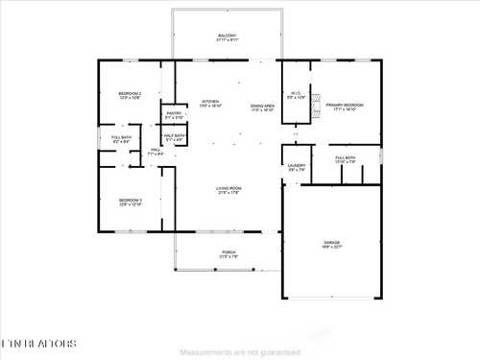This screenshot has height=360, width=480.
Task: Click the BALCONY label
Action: click(228, 36)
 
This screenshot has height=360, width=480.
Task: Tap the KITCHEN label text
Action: click(210, 102)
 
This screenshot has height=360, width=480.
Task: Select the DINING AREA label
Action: click(262, 106)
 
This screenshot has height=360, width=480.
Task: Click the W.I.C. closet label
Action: click(299, 93)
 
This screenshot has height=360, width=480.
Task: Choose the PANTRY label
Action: click(174, 114)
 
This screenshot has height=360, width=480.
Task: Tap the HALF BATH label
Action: click(174, 135)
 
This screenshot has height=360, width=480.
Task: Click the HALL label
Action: click(156, 150)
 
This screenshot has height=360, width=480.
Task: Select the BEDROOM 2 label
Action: click(130, 93)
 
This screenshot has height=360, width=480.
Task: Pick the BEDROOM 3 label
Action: click(130, 200)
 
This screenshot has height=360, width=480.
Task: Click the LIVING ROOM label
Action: click(228, 188)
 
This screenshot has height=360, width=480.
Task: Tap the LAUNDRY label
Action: click(297, 166)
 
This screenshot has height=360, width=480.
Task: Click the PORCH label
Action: click(228, 252)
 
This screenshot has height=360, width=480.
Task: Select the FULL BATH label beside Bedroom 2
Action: click(108, 137)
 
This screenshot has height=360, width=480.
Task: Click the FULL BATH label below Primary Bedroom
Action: click(346, 157)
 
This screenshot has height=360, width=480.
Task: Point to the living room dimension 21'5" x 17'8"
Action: click(228, 193)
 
